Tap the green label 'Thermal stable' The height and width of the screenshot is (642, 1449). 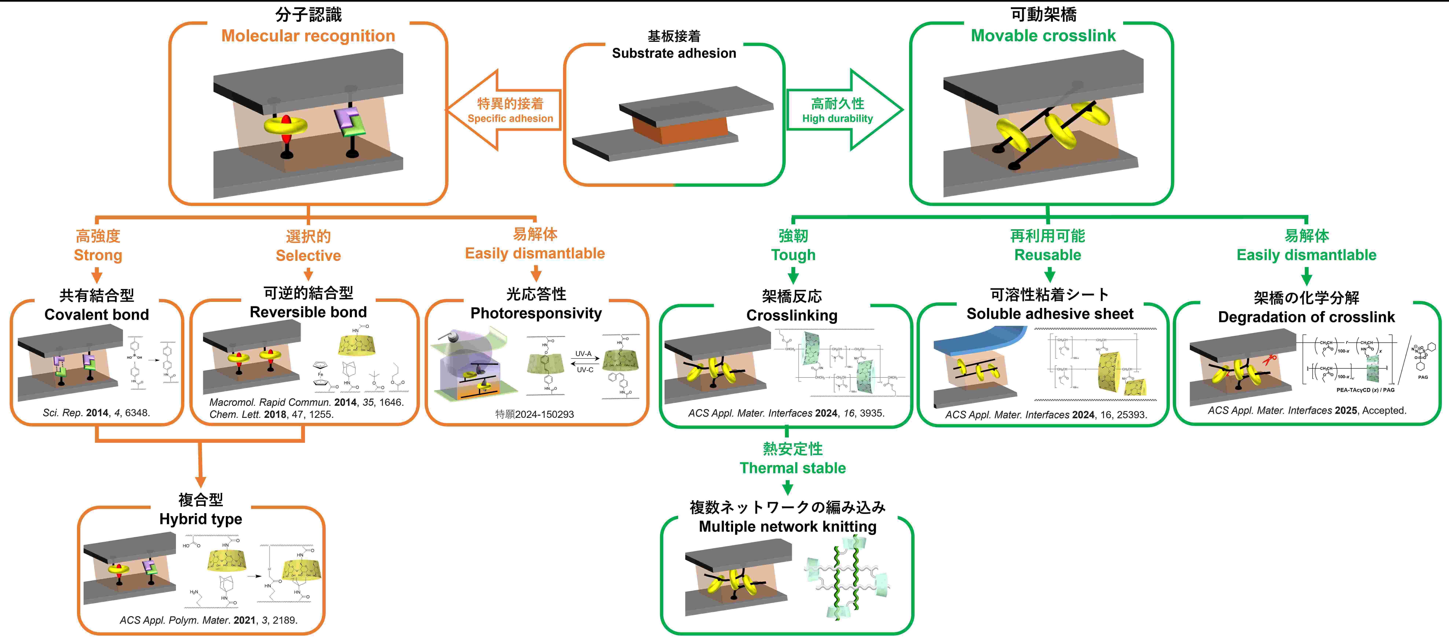coord(792,468)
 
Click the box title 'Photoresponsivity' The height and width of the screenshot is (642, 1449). coord(536,313)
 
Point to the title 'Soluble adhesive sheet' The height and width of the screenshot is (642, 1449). coord(1050,314)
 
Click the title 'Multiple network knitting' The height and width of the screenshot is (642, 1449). coord(788,527)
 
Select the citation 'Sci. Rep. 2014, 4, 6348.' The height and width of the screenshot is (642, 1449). coord(96,413)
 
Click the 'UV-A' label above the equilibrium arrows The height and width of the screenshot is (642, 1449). coord(583,354)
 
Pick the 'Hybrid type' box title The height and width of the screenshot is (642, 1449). coord(201,519)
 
